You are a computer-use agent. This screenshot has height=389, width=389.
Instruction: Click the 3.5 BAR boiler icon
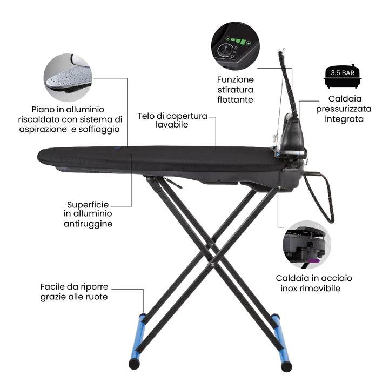coord(343,76)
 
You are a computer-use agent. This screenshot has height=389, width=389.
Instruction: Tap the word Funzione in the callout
coord(236,79)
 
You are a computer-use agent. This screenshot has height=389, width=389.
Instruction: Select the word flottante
coord(235,100)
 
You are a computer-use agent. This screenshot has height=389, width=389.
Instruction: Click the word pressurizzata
coord(344,109)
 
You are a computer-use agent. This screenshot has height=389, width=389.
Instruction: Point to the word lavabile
coord(172,125)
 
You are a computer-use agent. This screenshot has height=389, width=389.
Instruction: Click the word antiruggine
coord(88,224)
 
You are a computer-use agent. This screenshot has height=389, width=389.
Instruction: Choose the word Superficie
coord(88,205)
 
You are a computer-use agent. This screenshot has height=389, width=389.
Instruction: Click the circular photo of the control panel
coord(235,46)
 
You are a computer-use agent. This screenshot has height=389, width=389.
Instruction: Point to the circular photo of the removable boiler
coord(307,245)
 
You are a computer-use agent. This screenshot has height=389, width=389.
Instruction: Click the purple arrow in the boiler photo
coord(313,261)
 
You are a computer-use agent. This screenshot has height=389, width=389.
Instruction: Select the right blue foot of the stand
coord(281,342)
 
